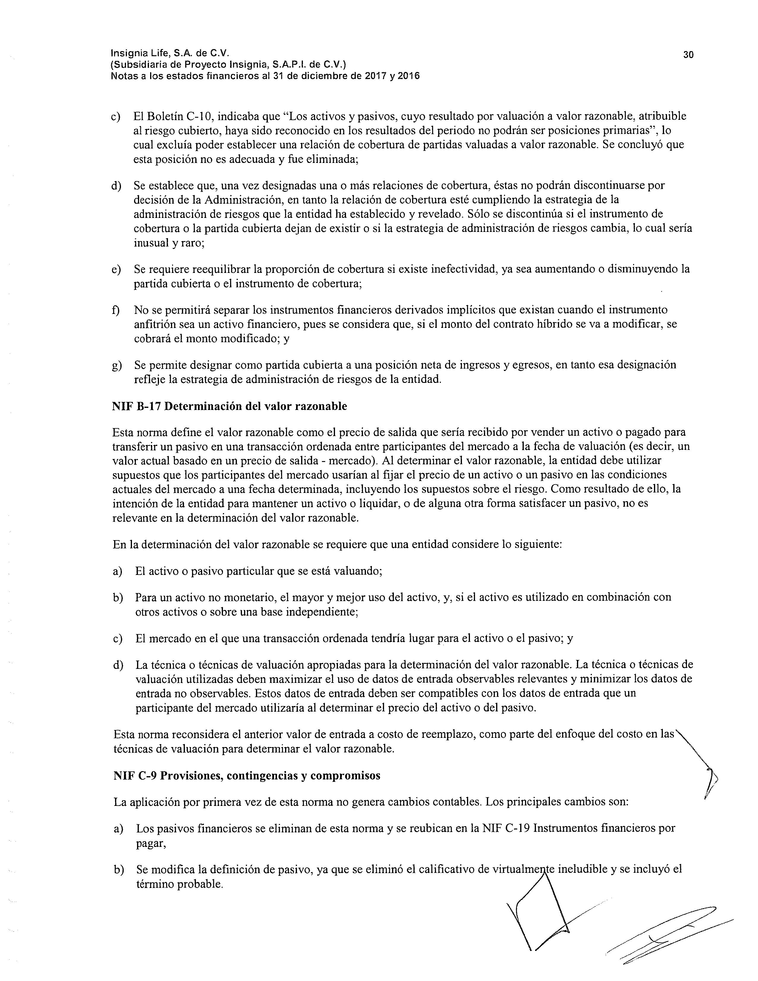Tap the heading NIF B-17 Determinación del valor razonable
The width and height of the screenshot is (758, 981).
(229, 406)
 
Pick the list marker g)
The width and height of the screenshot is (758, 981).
(117, 365)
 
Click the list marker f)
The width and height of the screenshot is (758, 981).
(116, 310)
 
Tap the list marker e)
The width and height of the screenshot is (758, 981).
(116, 270)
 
